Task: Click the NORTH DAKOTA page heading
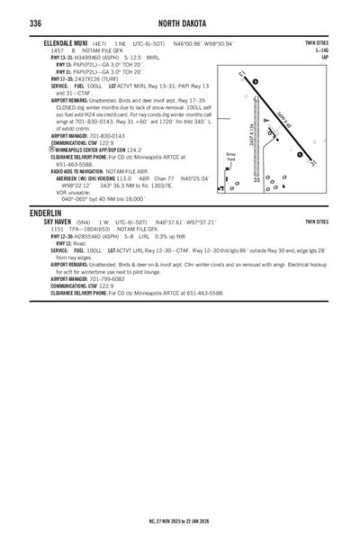(x=179, y=23)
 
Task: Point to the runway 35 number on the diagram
(x=257, y=180)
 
